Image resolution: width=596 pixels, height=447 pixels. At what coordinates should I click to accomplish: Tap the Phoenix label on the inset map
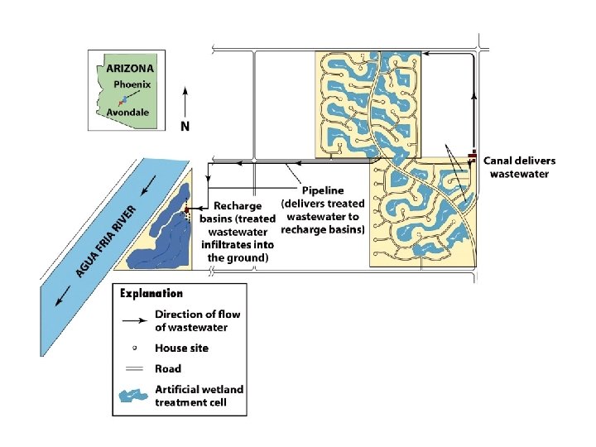click(x=132, y=84)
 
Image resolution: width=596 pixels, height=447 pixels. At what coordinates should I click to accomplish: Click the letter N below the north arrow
click(x=185, y=127)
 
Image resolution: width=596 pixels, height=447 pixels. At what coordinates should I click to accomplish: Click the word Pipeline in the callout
click(x=324, y=190)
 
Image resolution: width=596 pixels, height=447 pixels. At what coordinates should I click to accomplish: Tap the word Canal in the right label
click(x=502, y=161)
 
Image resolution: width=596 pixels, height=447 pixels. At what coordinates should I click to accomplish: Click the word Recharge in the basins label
click(x=238, y=206)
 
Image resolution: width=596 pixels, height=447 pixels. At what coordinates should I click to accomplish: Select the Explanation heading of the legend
click(x=151, y=293)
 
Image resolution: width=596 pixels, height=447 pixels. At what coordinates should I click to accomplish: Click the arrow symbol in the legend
click(x=134, y=316)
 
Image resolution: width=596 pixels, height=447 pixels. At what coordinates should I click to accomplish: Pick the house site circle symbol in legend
click(x=134, y=348)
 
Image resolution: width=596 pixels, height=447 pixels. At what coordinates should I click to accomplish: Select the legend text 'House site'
click(x=182, y=348)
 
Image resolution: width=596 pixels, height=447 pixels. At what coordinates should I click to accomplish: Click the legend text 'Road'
click(x=168, y=369)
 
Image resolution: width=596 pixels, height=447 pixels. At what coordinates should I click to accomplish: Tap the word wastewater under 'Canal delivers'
click(x=520, y=174)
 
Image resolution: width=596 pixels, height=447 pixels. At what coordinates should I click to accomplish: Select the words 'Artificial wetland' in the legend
click(x=199, y=389)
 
